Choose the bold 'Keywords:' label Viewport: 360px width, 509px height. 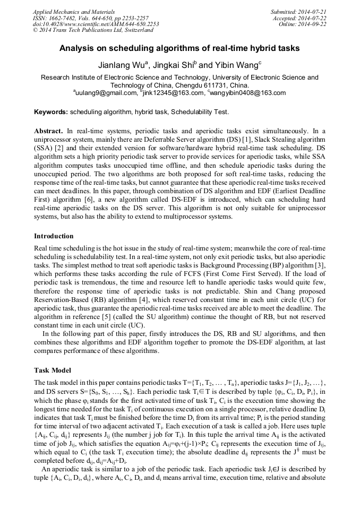[51, 112]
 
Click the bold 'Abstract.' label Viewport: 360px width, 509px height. [49, 131]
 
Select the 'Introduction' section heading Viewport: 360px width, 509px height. [54, 236]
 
